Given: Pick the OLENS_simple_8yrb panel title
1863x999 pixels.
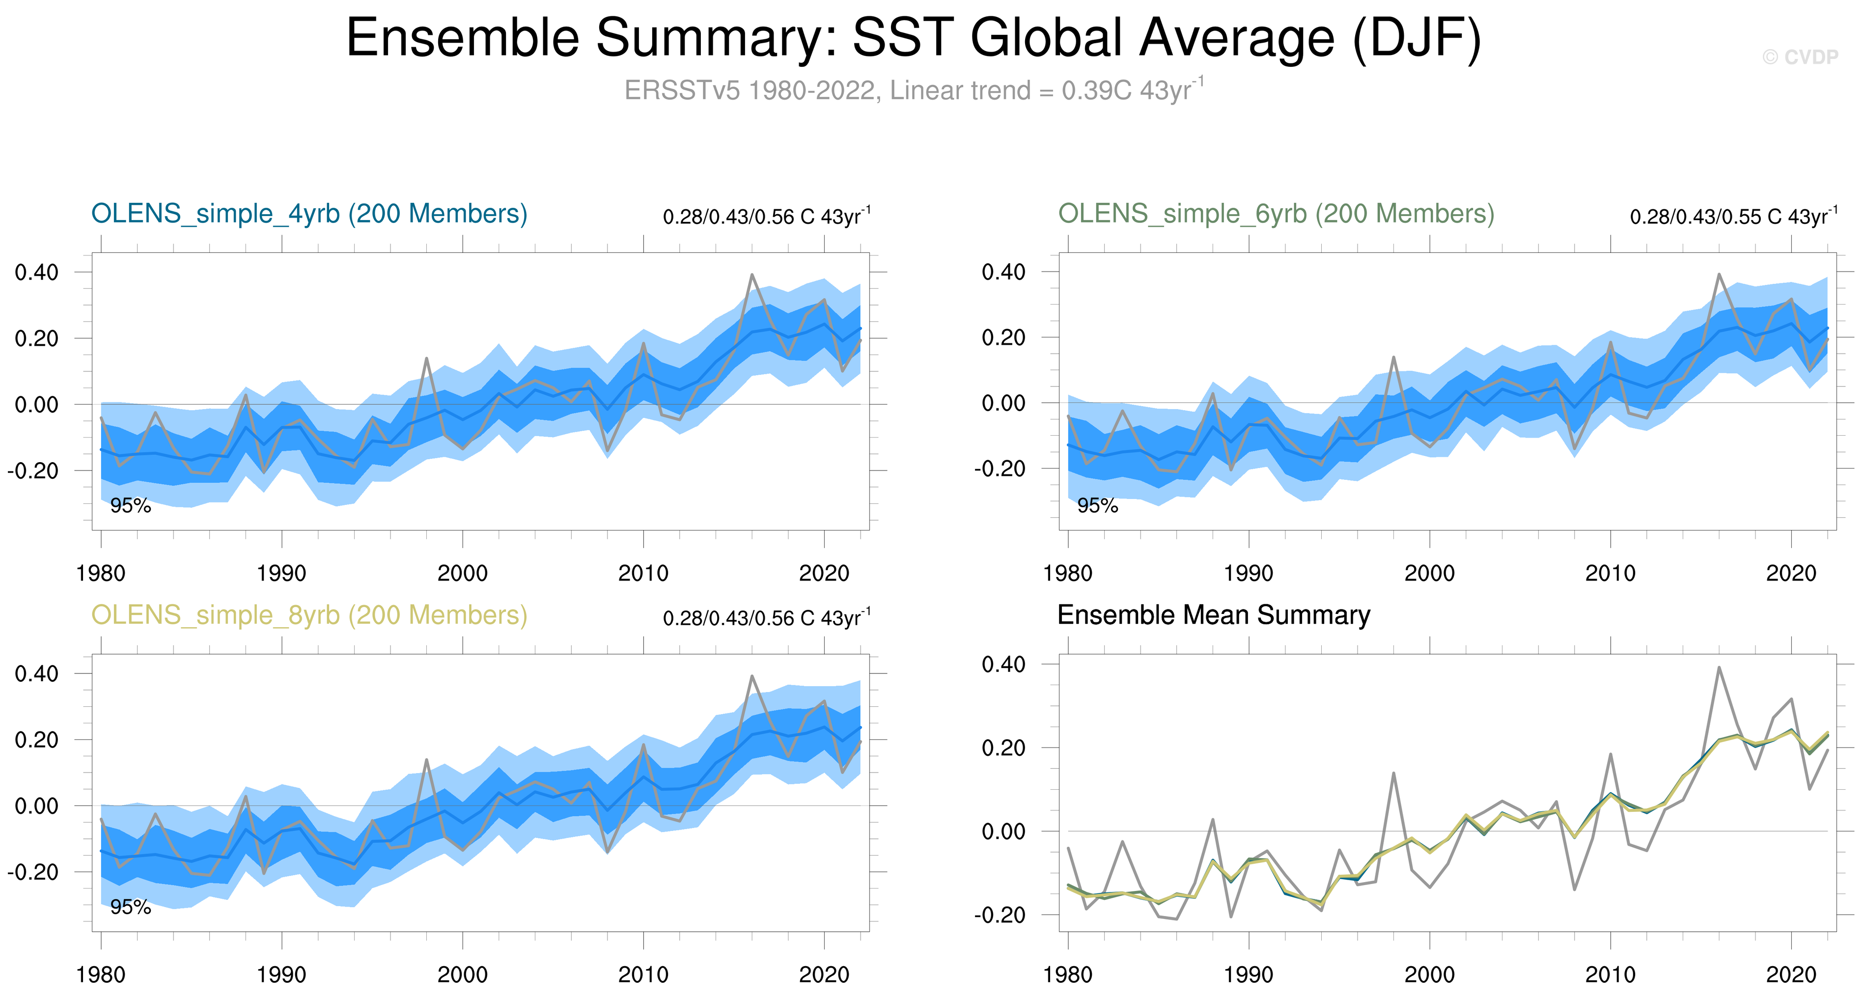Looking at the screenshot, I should click(309, 615).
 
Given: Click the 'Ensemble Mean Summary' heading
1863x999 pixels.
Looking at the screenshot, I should click(1214, 615).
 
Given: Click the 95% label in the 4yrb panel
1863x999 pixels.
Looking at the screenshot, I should click(130, 506).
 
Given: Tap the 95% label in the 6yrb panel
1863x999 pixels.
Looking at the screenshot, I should click(1097, 506).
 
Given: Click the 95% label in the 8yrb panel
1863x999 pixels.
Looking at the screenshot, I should click(130, 907).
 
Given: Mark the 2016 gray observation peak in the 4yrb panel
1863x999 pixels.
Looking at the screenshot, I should click(752, 275).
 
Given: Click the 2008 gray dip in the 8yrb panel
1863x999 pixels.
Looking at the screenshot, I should click(608, 852).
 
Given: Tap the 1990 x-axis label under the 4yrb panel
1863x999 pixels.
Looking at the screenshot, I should click(281, 574).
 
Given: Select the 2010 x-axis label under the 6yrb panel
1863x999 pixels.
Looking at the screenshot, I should click(1610, 574).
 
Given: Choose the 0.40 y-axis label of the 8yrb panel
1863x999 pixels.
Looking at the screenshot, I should click(36, 674).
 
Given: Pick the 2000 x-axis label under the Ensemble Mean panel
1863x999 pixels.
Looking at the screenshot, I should click(1429, 975).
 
